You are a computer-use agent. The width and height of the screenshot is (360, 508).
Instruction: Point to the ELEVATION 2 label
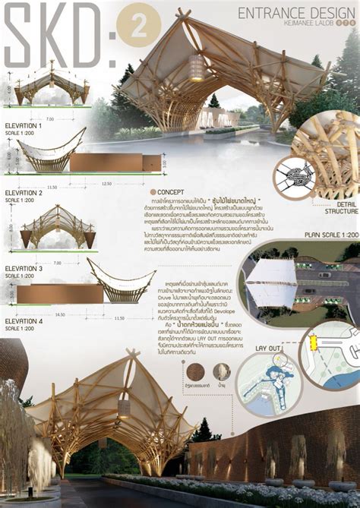click(24, 193)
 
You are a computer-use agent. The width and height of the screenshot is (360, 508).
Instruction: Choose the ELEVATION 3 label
click(24, 268)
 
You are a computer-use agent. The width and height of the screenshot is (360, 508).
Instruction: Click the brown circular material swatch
click(196, 371)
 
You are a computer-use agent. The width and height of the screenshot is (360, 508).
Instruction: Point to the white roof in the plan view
click(270, 282)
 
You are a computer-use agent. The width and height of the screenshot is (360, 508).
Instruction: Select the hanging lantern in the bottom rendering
click(123, 408)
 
